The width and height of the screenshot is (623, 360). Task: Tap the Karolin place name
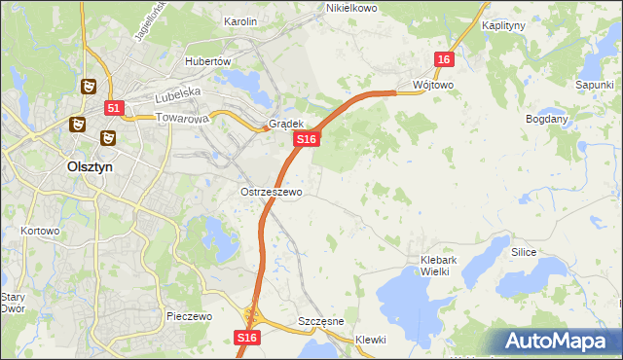[x=239, y=20]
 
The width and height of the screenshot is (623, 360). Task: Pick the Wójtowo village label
[x=432, y=85]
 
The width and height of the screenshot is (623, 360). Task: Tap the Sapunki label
[x=593, y=85]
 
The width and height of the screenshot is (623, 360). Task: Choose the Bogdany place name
[x=546, y=119]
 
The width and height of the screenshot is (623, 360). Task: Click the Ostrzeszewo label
[x=272, y=192]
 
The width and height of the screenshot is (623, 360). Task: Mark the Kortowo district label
[x=41, y=232]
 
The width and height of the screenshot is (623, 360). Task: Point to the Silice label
[x=525, y=251]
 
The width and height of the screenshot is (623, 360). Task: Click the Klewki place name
[x=371, y=340]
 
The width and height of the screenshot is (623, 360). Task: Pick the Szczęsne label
[x=318, y=321]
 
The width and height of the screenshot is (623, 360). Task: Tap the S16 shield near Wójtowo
[x=444, y=60]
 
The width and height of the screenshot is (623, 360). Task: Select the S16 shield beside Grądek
[x=307, y=140]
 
